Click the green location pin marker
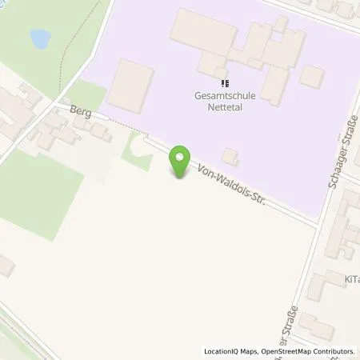pos(182,162)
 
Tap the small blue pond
pos(38,37)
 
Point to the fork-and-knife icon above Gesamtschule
pos(225,82)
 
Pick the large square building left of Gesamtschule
pos(130,86)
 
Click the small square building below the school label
pos(230,155)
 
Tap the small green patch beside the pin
pos(136,152)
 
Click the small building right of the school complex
pos(311,76)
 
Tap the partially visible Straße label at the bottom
pos(293,324)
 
